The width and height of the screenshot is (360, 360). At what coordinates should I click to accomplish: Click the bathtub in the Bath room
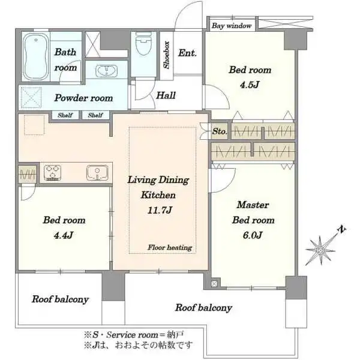pyautogui.click(x=35, y=57)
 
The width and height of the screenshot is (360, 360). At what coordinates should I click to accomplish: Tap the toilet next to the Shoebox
pyautogui.click(x=144, y=44)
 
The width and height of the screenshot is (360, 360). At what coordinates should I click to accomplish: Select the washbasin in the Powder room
pyautogui.click(x=106, y=71)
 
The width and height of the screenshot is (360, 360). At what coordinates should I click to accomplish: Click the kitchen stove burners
pyautogui.click(x=53, y=173)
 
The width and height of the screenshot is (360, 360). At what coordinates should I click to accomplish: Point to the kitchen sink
pyautogui.click(x=97, y=173)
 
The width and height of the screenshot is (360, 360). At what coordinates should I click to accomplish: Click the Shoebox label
pyautogui.click(x=166, y=55)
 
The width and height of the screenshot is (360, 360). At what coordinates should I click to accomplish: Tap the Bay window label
pyautogui.click(x=232, y=26)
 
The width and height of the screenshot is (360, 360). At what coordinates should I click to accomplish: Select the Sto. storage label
pyautogui.click(x=220, y=131)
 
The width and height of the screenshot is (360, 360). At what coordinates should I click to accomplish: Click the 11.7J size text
pyautogui.click(x=160, y=210)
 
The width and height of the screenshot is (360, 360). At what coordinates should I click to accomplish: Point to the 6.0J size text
pyautogui.click(x=253, y=235)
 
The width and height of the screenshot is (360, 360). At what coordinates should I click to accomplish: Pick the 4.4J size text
pyautogui.click(x=64, y=235)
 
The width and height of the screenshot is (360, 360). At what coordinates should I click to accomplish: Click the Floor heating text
pyautogui.click(x=170, y=247)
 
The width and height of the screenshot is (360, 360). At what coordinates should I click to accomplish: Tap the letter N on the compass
pyautogui.click(x=342, y=229)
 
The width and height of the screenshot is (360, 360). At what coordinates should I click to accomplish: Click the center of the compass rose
pyautogui.click(x=320, y=250)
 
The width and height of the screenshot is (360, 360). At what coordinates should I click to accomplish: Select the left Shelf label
pyautogui.click(x=65, y=115)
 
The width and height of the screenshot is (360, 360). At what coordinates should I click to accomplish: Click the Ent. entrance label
pyautogui.click(x=187, y=53)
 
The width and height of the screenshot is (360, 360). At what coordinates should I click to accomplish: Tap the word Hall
pyautogui.click(x=166, y=95)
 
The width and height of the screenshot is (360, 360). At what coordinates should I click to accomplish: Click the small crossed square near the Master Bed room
pyautogui.click(x=214, y=284)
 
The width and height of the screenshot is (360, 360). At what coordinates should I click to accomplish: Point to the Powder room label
pyautogui.click(x=83, y=98)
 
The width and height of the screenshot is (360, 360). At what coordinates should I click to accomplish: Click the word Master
pyautogui.click(x=253, y=205)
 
